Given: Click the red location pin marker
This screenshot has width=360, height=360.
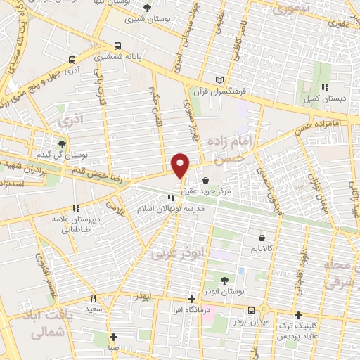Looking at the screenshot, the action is [x=181, y=165].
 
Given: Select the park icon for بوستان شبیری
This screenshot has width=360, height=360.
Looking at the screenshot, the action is [x=147, y=8].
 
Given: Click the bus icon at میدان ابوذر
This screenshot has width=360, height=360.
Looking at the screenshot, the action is [x=251, y=310].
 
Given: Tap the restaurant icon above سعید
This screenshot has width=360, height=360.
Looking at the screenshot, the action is [x=92, y=299].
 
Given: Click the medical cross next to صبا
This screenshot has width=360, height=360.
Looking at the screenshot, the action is [x=112, y=336].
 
